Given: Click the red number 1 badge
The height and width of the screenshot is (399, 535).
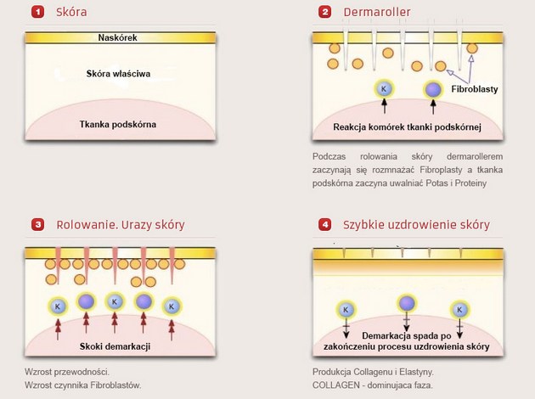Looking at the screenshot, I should pos(37,13).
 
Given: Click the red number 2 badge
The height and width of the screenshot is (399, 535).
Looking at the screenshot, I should pos(325,13).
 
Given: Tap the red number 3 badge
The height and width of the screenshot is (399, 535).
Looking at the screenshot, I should pos(37,225).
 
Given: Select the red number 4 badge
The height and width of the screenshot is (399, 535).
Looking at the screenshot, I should pos(325,225).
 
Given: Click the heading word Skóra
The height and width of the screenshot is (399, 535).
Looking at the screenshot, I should pos(71,13).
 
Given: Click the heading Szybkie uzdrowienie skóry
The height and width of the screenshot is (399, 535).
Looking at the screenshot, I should pos(416,225).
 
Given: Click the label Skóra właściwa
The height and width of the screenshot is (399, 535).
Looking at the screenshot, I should pos(119,75).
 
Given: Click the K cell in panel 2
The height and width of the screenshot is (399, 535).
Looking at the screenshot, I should pos(384,88).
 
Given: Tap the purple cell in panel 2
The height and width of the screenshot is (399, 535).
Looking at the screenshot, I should pos(433,89).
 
